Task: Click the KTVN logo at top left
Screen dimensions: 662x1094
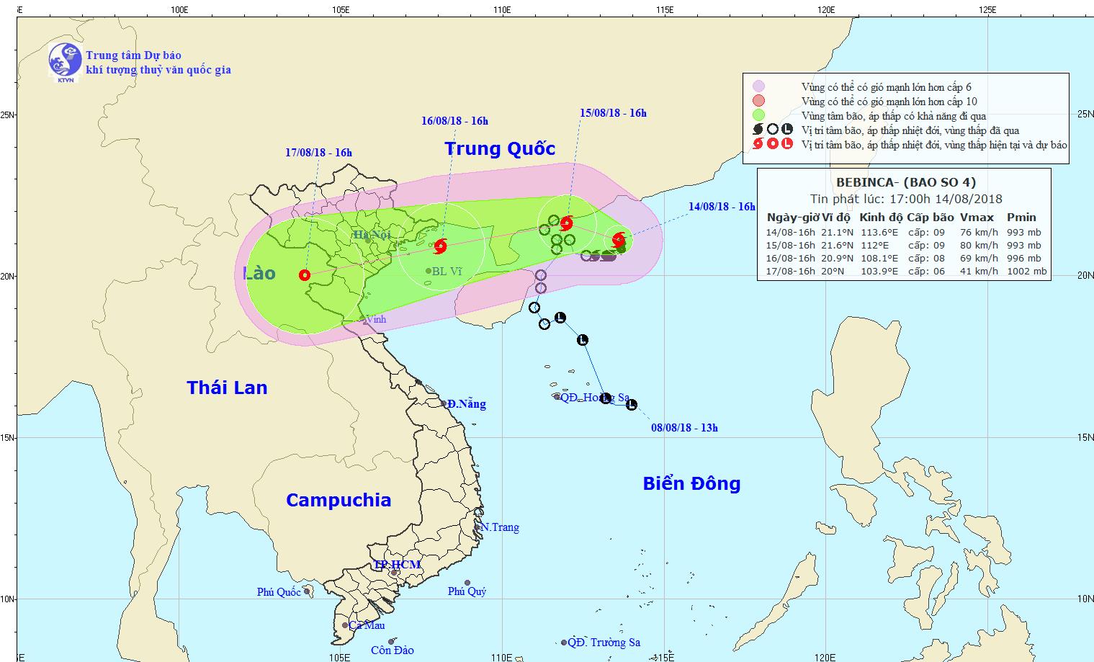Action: click(64, 61)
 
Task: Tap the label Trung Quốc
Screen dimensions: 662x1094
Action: click(500, 149)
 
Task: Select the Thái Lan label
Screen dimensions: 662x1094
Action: click(227, 388)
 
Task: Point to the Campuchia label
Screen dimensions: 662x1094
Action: click(338, 500)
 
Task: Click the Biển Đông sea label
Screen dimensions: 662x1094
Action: click(691, 483)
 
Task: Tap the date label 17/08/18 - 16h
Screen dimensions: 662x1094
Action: click(318, 153)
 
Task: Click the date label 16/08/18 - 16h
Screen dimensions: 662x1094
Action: click(454, 121)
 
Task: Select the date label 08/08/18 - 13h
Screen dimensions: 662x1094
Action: click(684, 428)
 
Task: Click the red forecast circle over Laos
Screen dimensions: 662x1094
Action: click(305, 274)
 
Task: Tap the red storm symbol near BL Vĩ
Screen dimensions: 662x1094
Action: click(440, 246)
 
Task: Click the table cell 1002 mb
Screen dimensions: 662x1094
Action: click(1028, 272)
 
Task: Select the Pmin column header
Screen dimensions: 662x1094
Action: click(1021, 218)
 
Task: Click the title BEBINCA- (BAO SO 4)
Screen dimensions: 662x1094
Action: click(906, 183)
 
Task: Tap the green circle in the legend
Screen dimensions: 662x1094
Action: click(758, 115)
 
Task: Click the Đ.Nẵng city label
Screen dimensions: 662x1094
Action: click(466, 404)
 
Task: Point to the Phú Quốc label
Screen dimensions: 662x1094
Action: click(279, 592)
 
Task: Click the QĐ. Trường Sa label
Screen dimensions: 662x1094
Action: click(604, 643)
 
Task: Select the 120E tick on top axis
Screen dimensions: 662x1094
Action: click(826, 10)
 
